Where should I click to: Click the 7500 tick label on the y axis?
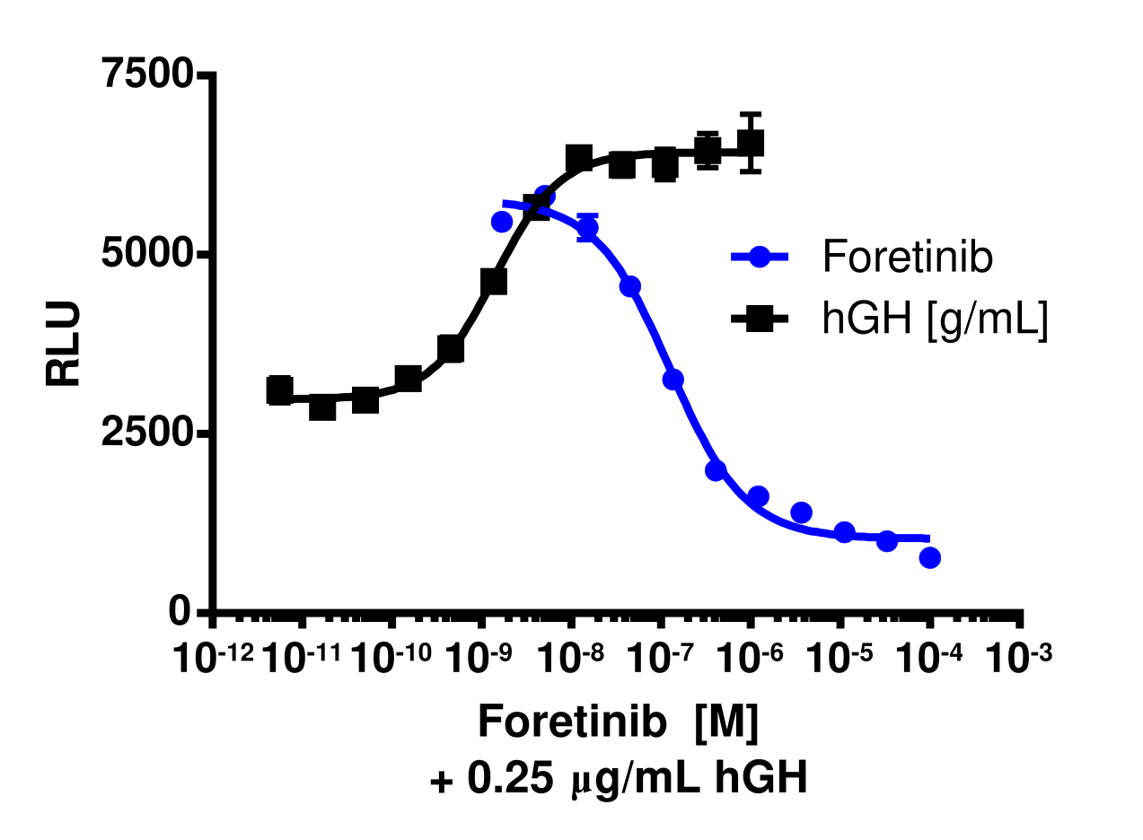pos(147,74)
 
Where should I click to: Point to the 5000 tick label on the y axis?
pos(147,255)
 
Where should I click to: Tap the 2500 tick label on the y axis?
pos(147,433)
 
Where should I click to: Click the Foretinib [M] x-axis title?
pos(618,722)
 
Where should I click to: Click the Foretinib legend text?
pos(907,258)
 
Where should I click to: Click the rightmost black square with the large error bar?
pos(751,143)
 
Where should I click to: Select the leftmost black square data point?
pos(279,390)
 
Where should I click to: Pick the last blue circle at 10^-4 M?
pos(930,557)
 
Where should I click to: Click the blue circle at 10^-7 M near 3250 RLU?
pos(673,380)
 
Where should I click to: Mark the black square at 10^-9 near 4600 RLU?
pos(494,282)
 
